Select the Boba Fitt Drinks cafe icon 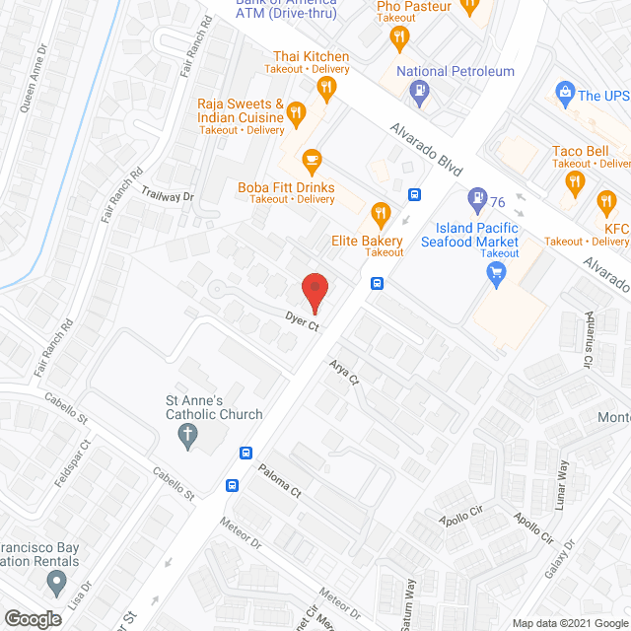[313, 159]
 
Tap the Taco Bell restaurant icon [576, 180]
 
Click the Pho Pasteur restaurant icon [399, 38]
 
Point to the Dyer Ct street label [301, 320]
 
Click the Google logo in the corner [32, 618]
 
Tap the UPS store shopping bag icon [565, 95]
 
